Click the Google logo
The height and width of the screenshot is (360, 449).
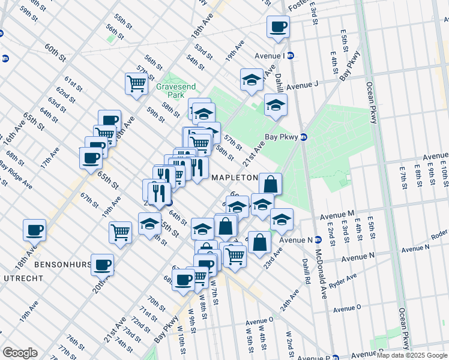(20, 353)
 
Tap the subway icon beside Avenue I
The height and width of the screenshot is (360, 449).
(290, 56)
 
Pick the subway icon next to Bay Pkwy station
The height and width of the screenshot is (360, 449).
(304, 137)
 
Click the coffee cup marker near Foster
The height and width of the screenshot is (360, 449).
(278, 27)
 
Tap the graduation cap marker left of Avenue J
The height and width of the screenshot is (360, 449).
(252, 80)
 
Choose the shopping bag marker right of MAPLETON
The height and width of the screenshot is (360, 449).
(271, 184)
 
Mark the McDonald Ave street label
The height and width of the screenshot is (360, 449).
(325, 274)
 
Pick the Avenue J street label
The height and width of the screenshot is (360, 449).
(301, 85)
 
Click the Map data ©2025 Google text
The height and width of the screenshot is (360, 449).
(412, 355)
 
